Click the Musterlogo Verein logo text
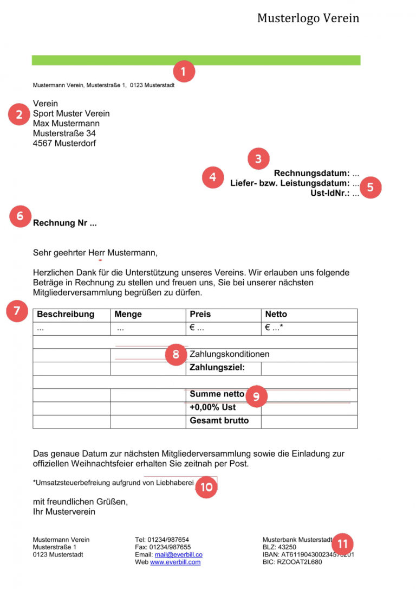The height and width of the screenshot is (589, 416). click(308, 18)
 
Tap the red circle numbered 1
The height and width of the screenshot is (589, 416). click(183, 71)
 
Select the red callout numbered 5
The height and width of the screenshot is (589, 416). click(370, 187)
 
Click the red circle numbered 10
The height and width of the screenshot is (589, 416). click(206, 487)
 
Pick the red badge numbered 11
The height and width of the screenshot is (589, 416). click(342, 543)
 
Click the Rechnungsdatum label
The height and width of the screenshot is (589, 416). click(311, 174)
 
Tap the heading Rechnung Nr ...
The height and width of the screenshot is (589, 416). click(65, 223)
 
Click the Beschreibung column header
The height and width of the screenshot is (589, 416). click(66, 315)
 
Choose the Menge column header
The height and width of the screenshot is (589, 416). click(128, 315)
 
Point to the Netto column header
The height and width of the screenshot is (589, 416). click(276, 315)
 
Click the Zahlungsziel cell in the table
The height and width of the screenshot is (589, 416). click(217, 368)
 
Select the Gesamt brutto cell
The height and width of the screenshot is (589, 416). click(219, 421)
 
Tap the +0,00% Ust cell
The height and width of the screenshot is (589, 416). click(213, 407)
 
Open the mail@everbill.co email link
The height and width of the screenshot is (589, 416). click(178, 555)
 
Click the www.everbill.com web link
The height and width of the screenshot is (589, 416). click(175, 562)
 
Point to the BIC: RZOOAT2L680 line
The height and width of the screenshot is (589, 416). click(292, 562)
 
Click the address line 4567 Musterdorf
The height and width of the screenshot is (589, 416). click(64, 144)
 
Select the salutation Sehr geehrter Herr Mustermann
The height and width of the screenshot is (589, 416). click(95, 253)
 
